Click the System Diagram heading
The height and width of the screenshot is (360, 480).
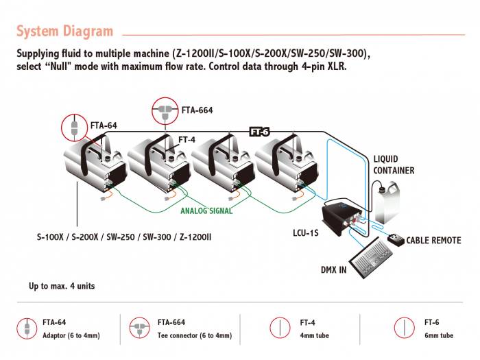[x=64, y=31]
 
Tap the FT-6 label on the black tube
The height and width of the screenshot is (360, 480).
[x=259, y=132]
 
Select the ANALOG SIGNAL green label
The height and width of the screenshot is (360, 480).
[x=206, y=211]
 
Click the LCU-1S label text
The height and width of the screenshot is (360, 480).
[x=307, y=233]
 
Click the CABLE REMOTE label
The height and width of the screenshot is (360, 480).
[x=433, y=241]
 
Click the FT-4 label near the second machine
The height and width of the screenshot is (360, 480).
[x=187, y=140]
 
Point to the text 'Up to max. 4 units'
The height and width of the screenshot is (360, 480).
[x=62, y=286]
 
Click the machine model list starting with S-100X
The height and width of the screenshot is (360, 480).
[x=124, y=238]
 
